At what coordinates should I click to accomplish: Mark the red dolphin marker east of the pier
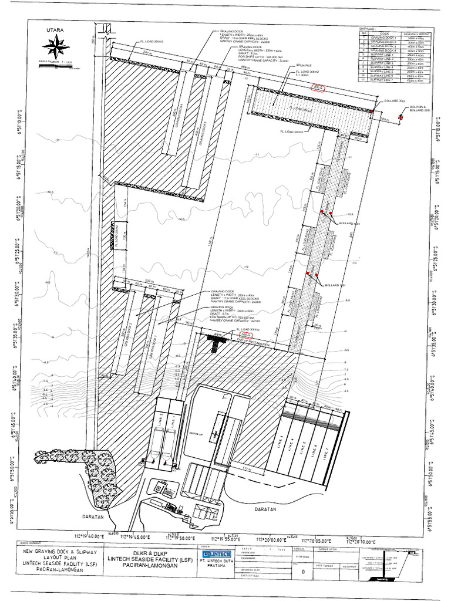point(400,117)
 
